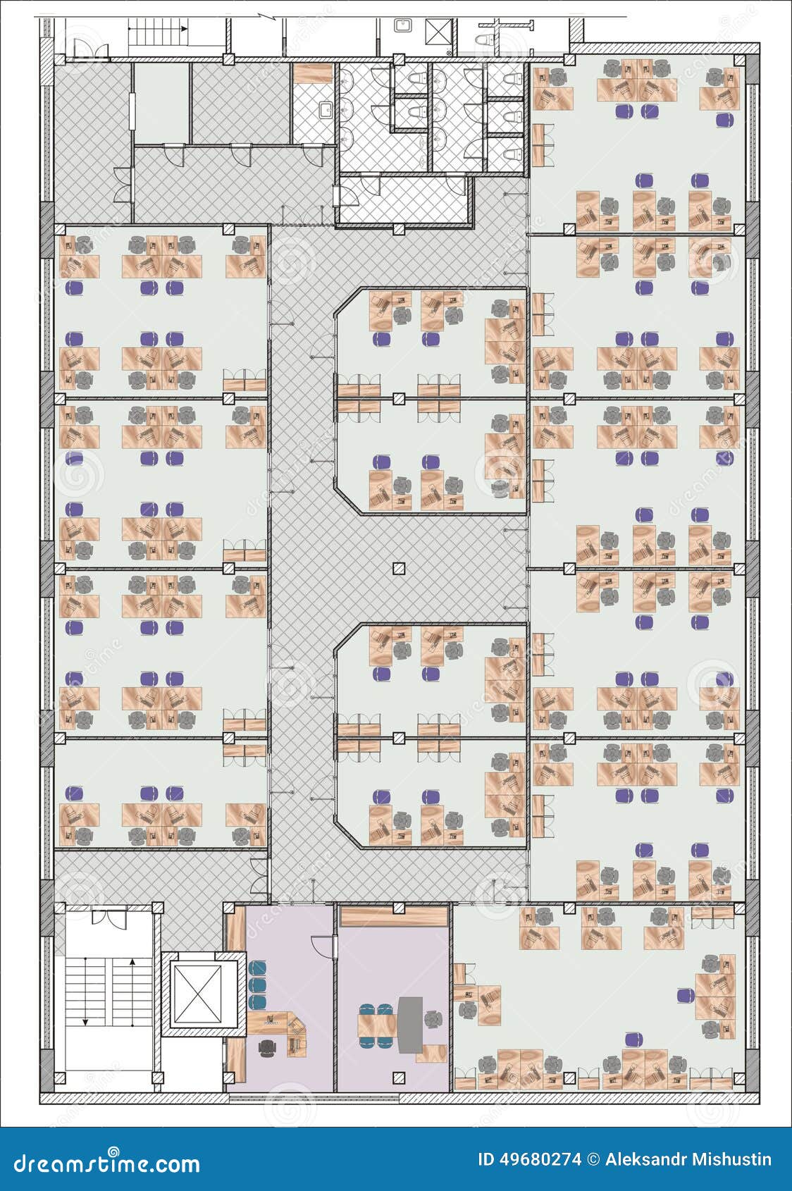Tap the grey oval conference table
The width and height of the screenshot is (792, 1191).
(410, 1025)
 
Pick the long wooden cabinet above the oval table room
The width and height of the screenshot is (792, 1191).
(394, 917)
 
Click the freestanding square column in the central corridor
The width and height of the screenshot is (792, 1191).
(399, 569)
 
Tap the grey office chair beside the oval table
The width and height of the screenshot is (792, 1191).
(434, 1019)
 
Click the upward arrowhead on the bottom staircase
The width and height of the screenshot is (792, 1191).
(132, 962)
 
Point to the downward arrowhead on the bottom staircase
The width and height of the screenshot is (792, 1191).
(85, 1022)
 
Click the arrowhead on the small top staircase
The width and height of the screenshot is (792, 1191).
(184, 29)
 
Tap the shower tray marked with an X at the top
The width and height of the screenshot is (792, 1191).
(439, 30)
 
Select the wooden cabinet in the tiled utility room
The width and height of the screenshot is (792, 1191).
(313, 74)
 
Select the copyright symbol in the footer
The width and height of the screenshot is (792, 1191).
(593, 1159)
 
